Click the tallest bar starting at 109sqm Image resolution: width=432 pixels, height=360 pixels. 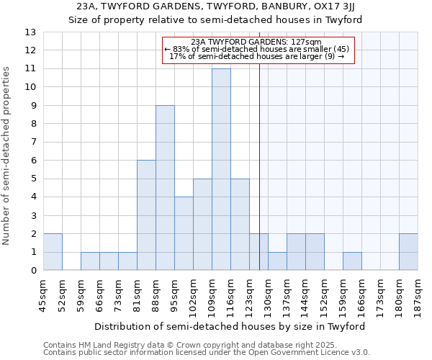(x=221, y=170)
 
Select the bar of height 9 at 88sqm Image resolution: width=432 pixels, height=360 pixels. (x=165, y=188)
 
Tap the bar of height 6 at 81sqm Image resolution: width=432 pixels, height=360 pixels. (x=146, y=215)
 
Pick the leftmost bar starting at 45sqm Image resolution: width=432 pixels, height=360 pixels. (x=53, y=252)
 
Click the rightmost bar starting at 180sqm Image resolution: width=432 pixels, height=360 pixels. (x=408, y=252)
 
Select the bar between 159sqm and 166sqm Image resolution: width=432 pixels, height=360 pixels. (x=352, y=261)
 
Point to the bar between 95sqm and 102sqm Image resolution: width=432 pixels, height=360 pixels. (x=184, y=234)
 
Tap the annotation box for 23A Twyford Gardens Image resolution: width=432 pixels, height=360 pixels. (x=258, y=50)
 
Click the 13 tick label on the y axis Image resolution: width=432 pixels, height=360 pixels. (x=30, y=32)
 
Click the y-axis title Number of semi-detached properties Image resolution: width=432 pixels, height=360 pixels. (x=7, y=156)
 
